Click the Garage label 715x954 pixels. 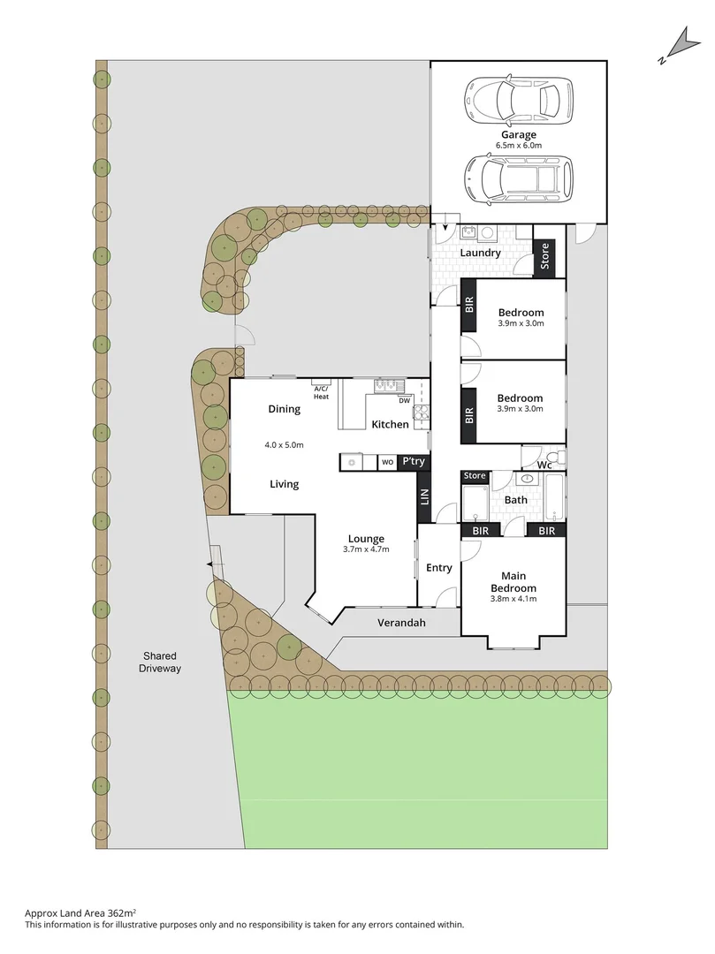[519, 135]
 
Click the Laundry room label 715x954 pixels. [480, 253]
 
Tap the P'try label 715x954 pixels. [413, 462]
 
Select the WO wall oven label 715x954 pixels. [387, 462]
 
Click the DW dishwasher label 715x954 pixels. [404, 400]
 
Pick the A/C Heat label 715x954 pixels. [321, 392]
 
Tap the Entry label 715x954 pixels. [438, 568]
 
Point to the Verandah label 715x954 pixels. [402, 623]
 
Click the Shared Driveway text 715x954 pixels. [160, 662]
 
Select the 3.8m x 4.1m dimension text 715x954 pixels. [513, 599]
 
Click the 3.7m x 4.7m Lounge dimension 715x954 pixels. [366, 549]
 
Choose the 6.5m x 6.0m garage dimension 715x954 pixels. [519, 146]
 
